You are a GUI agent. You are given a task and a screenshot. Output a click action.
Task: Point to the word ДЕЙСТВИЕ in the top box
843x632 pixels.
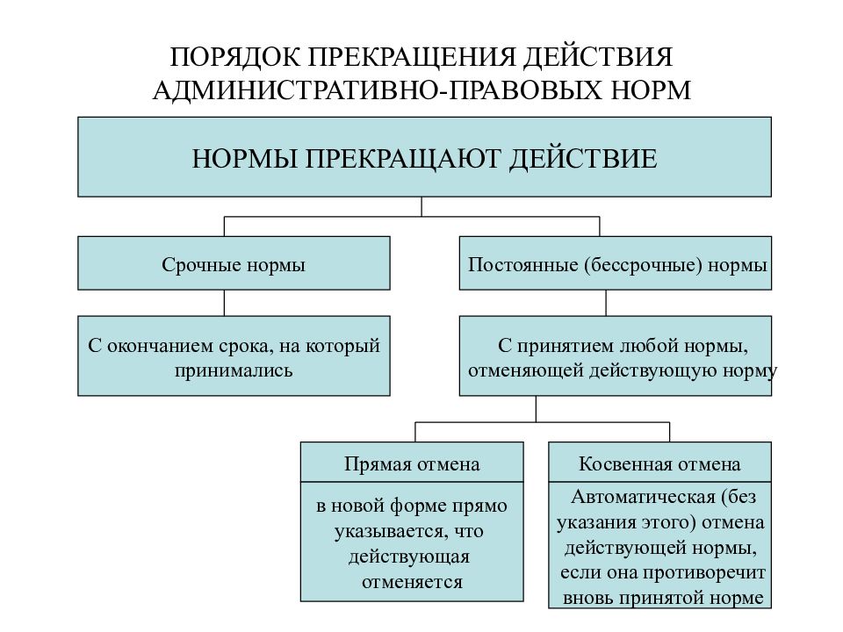(583, 159)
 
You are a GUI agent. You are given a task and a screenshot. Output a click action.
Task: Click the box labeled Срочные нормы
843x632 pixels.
(234, 263)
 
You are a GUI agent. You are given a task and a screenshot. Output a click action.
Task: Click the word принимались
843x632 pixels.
(234, 370)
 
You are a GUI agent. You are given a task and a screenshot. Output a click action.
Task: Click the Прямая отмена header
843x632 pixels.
(412, 463)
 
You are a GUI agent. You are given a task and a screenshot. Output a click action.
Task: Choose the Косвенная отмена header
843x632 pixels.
(659, 463)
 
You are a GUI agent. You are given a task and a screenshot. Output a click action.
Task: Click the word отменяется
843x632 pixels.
(412, 582)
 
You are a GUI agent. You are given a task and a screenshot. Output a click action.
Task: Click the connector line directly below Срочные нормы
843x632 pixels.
(224, 303)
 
